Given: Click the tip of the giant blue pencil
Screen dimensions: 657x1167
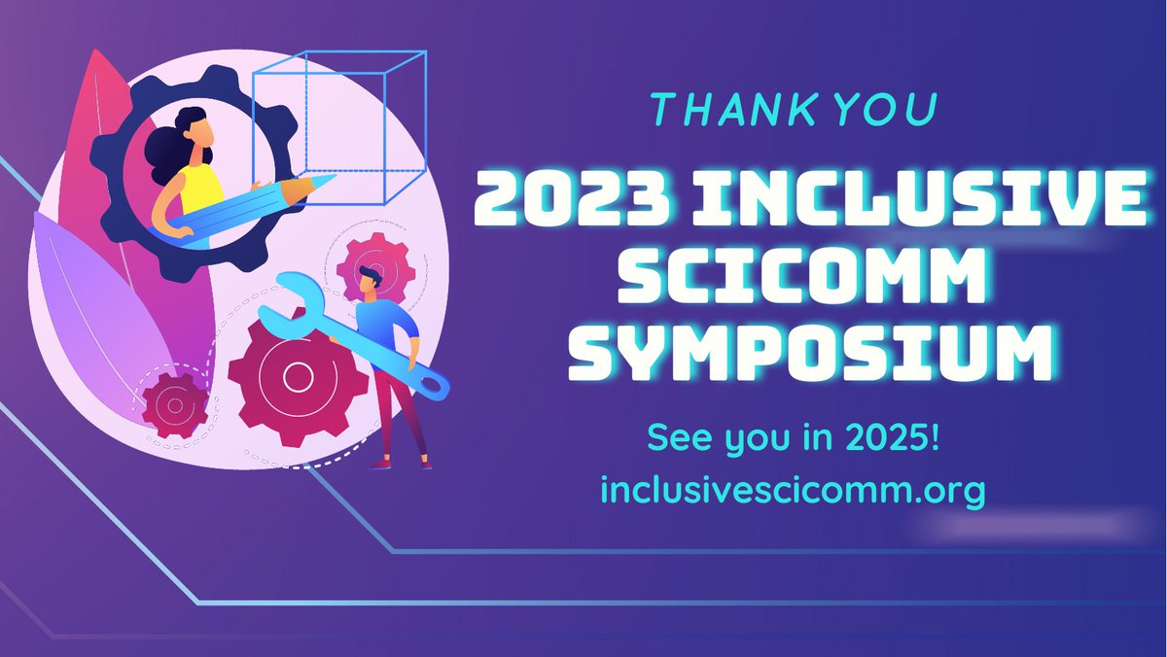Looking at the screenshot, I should tap(328, 180).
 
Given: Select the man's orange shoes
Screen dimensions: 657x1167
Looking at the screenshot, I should tap(402, 464).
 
